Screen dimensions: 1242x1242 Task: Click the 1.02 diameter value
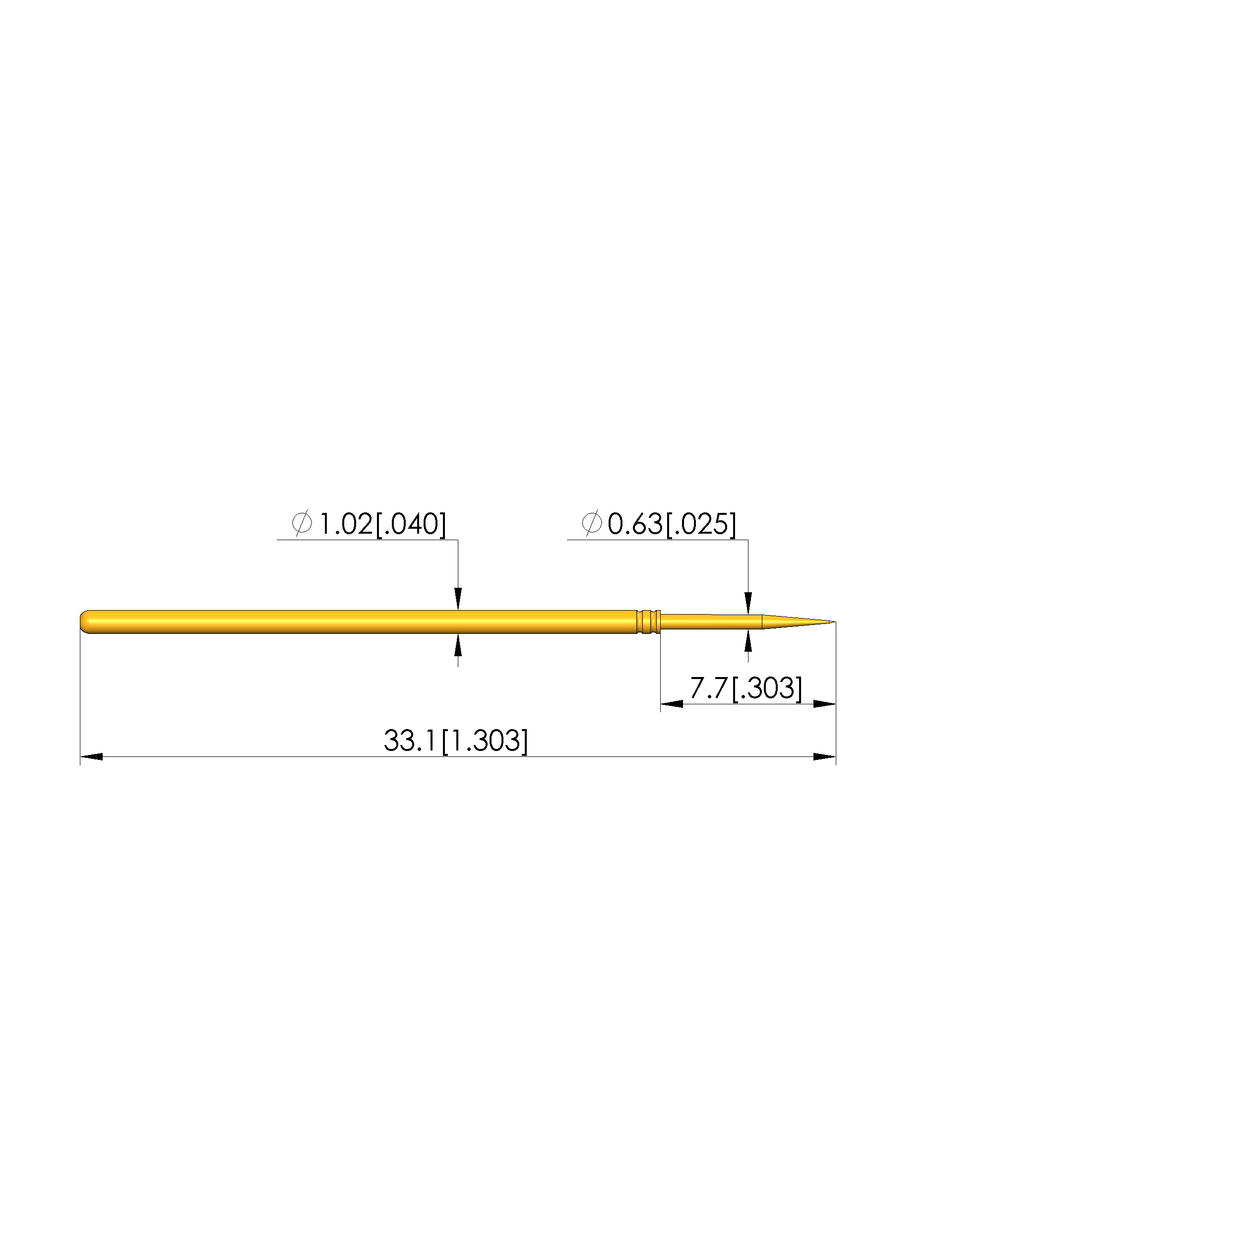point(346,524)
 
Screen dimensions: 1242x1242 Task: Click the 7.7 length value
point(708,688)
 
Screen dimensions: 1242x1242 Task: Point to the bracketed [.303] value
point(767,688)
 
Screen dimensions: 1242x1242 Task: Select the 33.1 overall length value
point(411,741)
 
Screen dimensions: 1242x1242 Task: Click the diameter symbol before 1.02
point(302,523)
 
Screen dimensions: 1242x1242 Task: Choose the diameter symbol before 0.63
point(591,523)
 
